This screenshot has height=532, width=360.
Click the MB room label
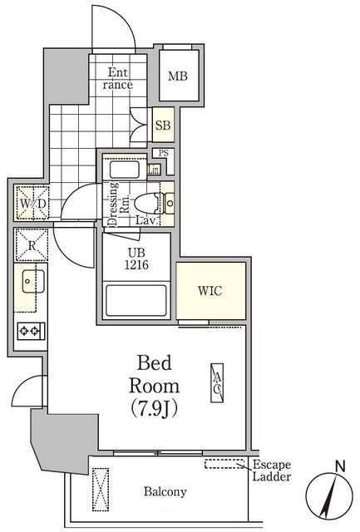point(178,76)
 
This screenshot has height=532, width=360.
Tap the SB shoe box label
point(163,126)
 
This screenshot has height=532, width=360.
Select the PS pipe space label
point(164,153)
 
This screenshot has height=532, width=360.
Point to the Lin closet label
point(154,170)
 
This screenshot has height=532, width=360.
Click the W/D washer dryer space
point(32,203)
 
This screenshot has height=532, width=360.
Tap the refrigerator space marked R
point(32,244)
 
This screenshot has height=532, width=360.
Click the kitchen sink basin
point(33,281)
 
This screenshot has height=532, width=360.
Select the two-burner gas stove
point(31,331)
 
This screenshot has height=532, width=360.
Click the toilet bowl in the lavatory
point(146,204)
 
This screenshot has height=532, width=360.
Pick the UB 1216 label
point(136,259)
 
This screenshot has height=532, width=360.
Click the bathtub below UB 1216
point(136,301)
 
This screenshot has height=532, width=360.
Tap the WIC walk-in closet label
point(210,291)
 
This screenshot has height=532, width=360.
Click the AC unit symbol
point(217,383)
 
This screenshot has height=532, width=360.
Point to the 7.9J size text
point(155,408)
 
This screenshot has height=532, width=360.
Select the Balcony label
point(165,491)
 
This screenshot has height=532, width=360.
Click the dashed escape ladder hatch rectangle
point(224,464)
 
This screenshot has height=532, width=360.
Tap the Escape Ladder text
point(271,470)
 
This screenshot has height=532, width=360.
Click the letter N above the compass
point(340,466)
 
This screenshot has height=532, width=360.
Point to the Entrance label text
point(117,78)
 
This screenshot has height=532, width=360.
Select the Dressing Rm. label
point(118,204)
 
